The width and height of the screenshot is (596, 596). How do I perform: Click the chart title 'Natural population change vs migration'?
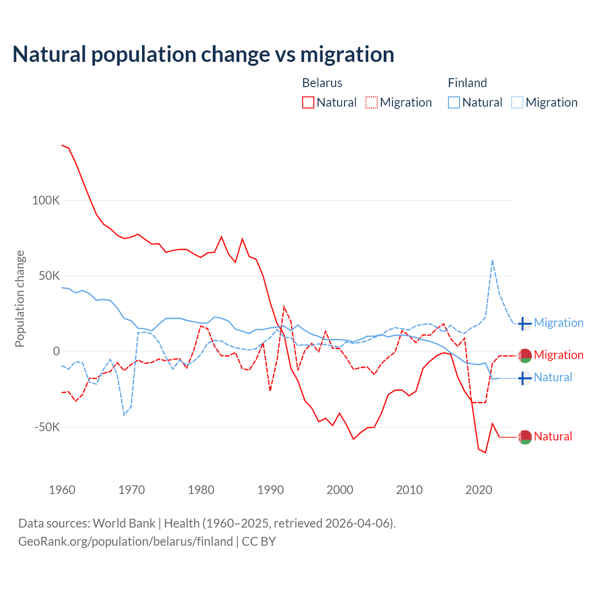[x=203, y=54]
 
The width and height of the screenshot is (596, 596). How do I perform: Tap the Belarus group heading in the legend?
[x=322, y=83]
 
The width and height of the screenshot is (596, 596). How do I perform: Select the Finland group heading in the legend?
[x=467, y=83]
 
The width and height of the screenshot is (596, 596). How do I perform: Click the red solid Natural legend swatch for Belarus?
[x=308, y=102]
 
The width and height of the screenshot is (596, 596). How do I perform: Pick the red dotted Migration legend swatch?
[x=372, y=102]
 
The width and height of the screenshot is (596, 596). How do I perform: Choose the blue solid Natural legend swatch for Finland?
[x=454, y=102]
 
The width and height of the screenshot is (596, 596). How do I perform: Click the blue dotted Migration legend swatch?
[x=517, y=102]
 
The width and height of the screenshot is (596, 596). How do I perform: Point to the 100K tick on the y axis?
[x=46, y=201]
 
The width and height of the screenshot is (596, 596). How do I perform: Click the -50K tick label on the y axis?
[x=47, y=427]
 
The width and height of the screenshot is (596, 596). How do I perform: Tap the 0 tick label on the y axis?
[x=56, y=352]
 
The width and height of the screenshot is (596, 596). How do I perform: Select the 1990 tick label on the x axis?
[x=271, y=490]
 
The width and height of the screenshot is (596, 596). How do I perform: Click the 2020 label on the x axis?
[x=479, y=490]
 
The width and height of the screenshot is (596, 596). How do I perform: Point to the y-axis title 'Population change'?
[x=20, y=298]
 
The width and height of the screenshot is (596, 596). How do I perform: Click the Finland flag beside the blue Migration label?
[x=525, y=323]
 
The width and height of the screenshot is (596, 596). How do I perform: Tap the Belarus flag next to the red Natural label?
[x=525, y=437]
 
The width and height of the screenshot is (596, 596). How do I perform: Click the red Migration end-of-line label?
[x=558, y=355]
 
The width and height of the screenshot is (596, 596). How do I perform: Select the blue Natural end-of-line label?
[x=553, y=377]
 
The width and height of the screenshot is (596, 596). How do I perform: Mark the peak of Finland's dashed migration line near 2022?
[x=492, y=261]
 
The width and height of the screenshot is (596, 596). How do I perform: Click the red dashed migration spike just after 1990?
[x=284, y=307]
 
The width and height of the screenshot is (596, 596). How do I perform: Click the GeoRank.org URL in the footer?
[x=126, y=542]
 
